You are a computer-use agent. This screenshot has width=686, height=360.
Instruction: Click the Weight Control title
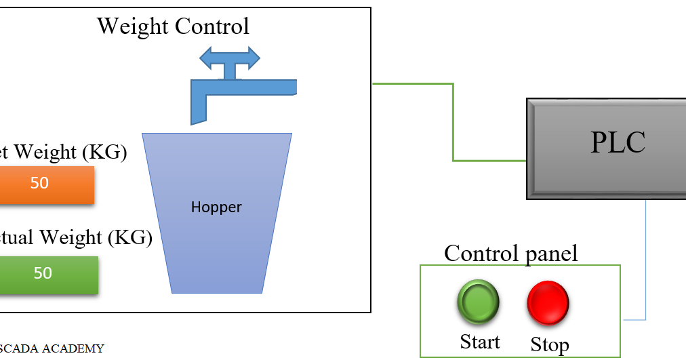coord(173,26)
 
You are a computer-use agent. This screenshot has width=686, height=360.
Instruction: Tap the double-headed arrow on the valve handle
coord(230,59)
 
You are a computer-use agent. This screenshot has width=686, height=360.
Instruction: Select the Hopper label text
coord(216,207)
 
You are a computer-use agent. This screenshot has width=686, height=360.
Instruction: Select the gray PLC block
coord(607,148)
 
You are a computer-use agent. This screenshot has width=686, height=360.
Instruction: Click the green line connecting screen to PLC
coord(453,122)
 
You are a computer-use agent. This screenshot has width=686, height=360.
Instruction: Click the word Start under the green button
coord(480,342)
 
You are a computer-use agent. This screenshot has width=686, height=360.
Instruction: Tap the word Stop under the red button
coord(549,344)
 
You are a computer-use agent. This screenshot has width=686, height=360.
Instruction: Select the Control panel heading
coord(511,254)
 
